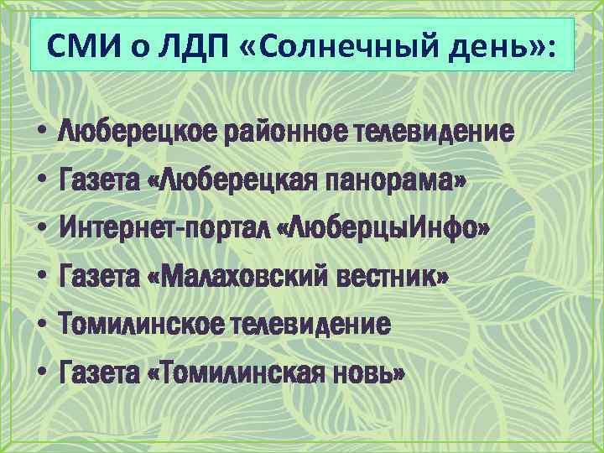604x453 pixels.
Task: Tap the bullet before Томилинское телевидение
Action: [40, 323]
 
